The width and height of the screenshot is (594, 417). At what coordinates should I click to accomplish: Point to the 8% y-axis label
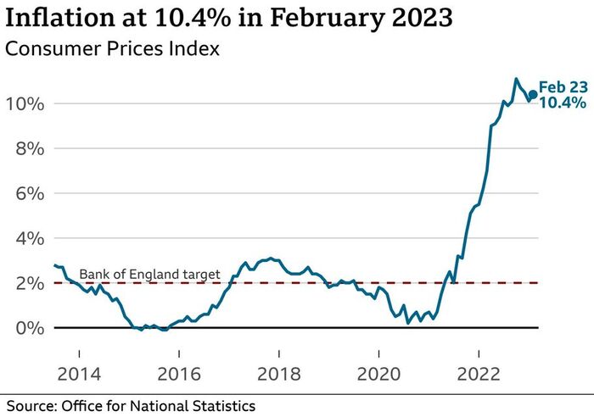(25, 149)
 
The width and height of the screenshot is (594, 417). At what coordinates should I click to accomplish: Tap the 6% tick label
(25, 194)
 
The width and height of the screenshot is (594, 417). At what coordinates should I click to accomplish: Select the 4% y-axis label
(25, 239)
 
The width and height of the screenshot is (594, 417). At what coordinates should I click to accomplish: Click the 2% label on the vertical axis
(25, 283)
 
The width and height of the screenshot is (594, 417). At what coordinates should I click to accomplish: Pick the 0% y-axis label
(25, 328)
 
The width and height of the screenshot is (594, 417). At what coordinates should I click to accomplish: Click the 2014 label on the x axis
(79, 352)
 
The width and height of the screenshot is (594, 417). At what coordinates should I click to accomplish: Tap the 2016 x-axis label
(179, 352)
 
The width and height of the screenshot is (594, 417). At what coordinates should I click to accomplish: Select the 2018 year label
(278, 352)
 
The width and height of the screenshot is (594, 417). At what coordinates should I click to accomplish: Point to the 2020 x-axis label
(378, 352)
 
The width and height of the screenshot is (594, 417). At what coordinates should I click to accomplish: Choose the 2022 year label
(479, 352)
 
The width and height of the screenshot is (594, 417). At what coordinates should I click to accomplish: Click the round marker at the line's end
(533, 95)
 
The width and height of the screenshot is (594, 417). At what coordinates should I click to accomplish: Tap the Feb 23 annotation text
(563, 87)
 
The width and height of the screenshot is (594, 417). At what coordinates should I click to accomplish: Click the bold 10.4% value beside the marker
(563, 103)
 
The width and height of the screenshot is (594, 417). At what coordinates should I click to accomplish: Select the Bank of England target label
(149, 274)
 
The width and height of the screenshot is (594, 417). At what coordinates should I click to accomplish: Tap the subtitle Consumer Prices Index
(112, 49)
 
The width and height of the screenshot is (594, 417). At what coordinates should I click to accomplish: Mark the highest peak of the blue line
(516, 79)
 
